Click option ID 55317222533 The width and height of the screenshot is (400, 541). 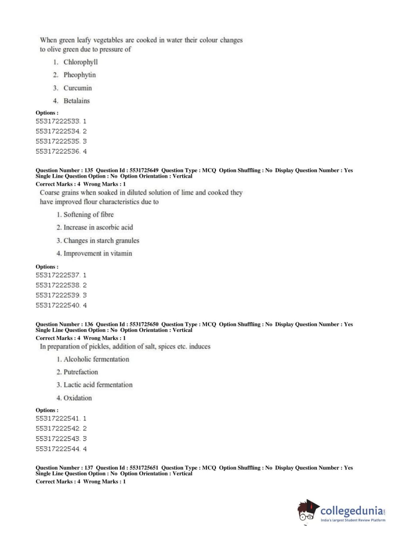[x=61, y=121]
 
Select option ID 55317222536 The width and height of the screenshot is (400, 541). [x=61, y=152]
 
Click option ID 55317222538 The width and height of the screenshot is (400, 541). [x=61, y=285]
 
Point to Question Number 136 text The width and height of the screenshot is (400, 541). [x=64, y=324]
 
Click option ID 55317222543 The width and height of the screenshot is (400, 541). [x=61, y=439]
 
